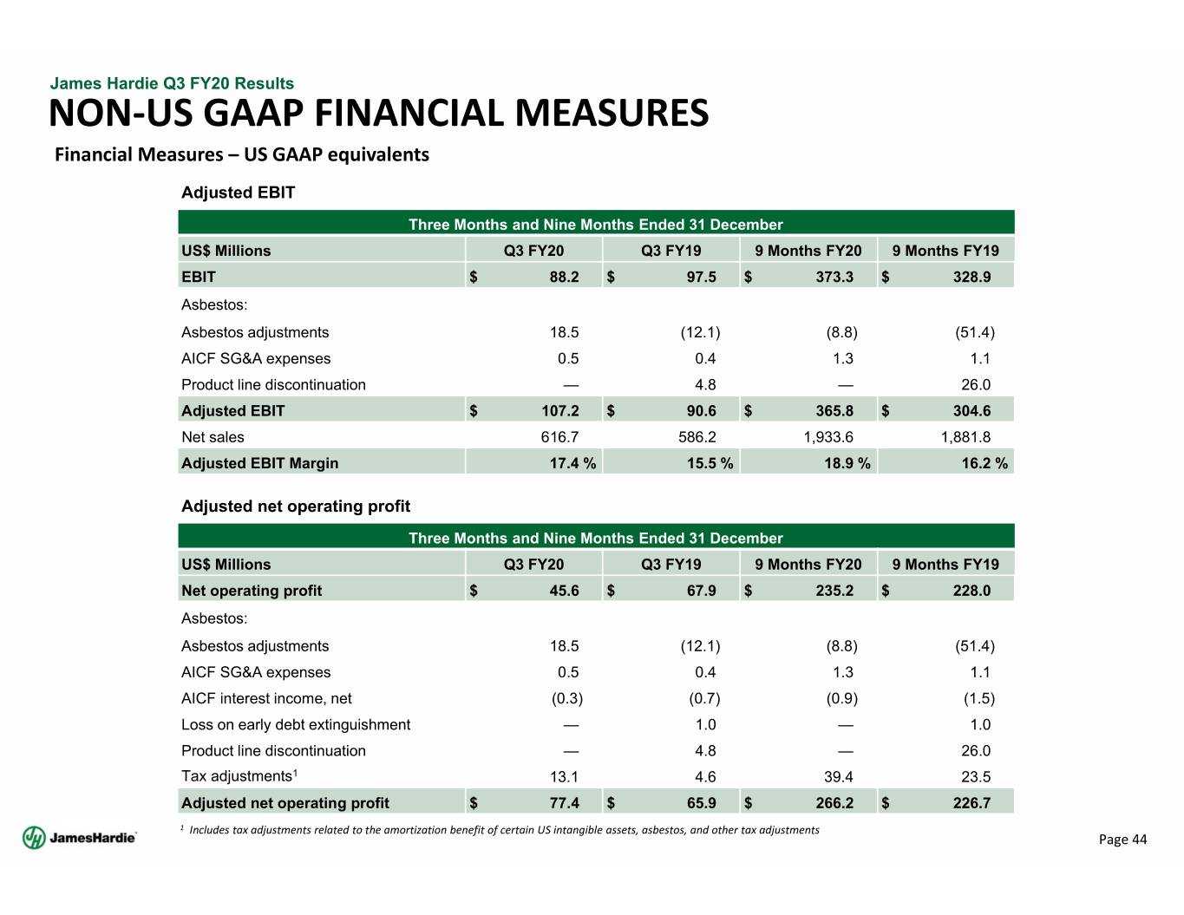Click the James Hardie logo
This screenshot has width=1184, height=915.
(79, 838)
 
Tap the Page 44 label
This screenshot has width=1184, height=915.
(1122, 840)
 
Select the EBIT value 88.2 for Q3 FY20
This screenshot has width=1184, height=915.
(564, 277)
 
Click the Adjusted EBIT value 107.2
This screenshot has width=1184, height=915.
(559, 411)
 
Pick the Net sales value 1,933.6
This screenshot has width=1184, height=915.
(828, 437)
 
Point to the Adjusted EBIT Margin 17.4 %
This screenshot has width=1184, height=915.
(572, 463)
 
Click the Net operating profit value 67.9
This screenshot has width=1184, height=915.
(701, 591)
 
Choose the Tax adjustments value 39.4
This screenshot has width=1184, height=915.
(839, 777)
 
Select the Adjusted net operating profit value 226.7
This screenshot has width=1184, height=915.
(971, 803)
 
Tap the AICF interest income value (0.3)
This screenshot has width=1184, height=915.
(567, 698)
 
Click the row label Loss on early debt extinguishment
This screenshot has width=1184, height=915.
(296, 725)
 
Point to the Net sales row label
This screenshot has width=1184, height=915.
(213, 437)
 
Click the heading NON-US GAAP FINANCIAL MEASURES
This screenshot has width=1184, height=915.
(379, 114)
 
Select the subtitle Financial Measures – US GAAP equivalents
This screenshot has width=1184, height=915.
(242, 154)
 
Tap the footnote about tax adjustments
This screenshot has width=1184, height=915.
(503, 830)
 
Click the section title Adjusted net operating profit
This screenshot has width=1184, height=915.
(296, 507)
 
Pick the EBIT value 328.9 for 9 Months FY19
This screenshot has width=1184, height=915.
(971, 277)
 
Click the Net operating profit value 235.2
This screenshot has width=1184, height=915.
(834, 591)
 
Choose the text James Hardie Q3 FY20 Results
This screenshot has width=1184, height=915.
(172, 83)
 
